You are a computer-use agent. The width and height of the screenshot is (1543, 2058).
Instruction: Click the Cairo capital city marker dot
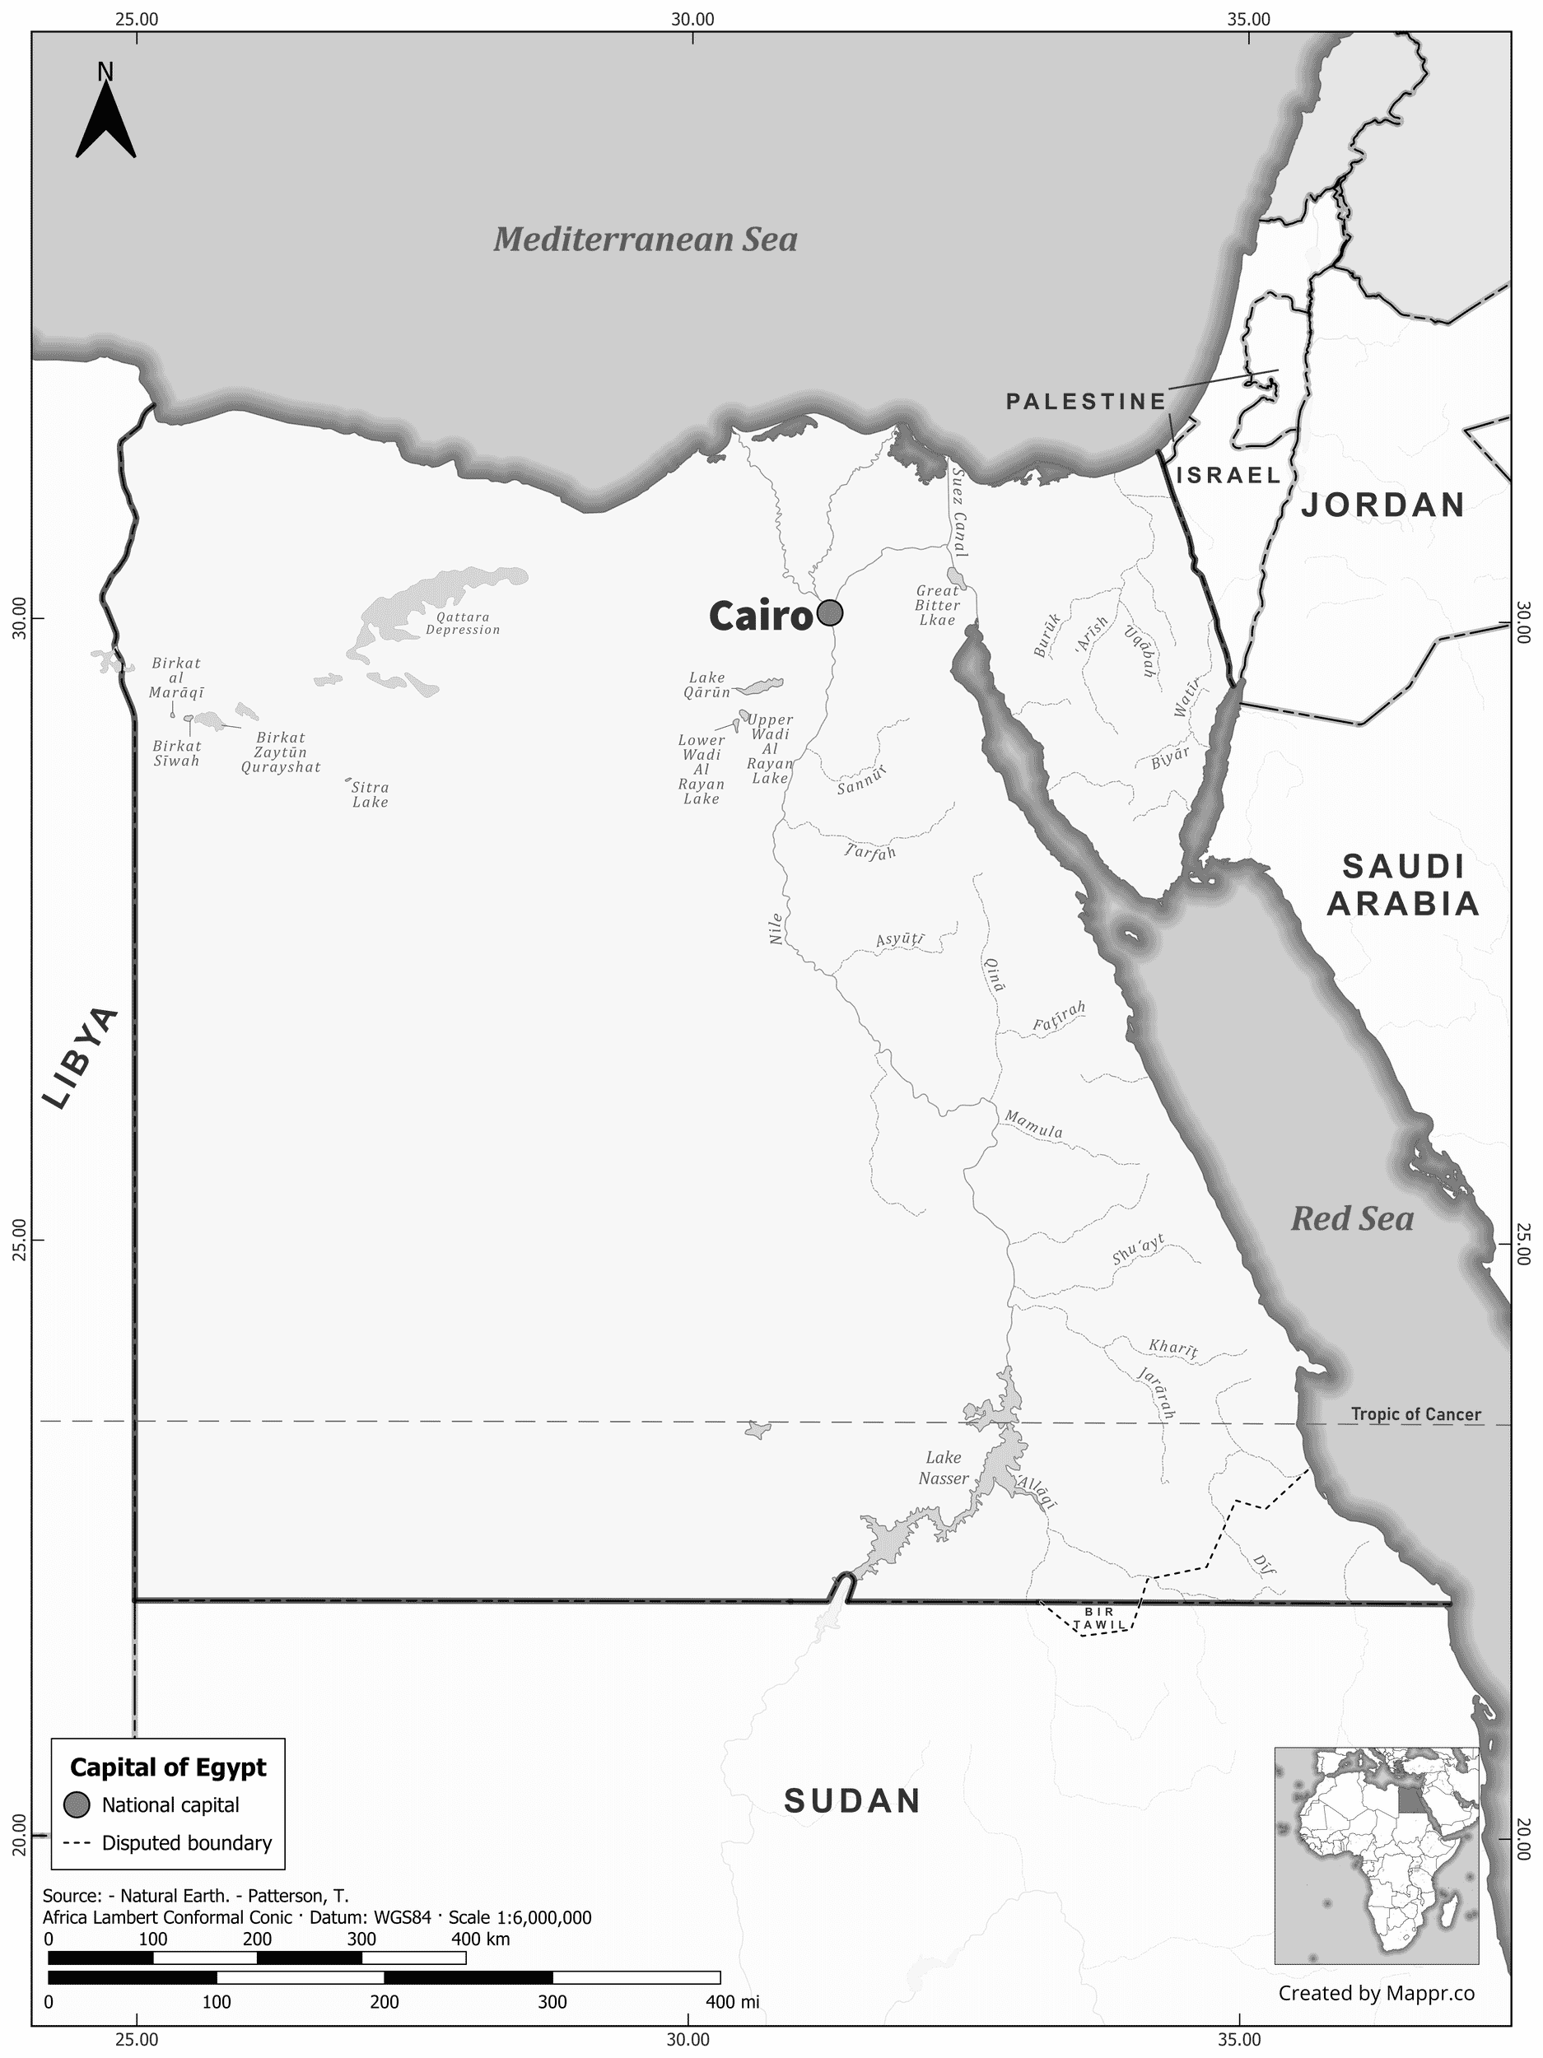click(x=829, y=613)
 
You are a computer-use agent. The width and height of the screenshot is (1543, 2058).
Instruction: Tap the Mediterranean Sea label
click(x=645, y=240)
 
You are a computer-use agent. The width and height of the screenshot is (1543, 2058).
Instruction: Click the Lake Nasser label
click(x=943, y=1468)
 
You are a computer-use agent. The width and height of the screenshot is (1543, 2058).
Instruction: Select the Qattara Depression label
click(x=463, y=623)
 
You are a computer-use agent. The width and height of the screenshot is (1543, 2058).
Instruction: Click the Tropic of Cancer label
click(x=1415, y=1414)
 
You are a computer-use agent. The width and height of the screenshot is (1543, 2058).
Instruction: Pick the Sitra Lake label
click(x=370, y=794)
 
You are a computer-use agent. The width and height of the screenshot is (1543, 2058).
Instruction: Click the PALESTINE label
click(x=1086, y=401)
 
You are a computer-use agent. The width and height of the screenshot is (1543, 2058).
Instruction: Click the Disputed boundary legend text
click(x=186, y=1843)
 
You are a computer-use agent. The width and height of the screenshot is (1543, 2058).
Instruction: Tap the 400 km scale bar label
click(x=480, y=1939)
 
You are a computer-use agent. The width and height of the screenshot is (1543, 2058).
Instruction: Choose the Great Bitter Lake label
click(x=936, y=605)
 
